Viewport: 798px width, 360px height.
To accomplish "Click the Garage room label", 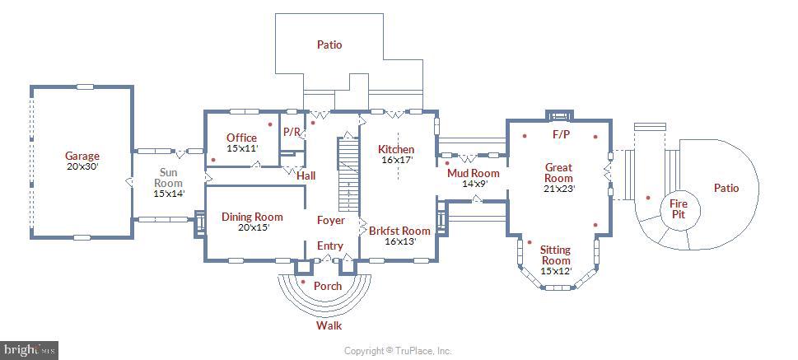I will click(82, 156).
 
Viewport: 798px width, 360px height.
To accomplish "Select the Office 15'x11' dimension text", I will click(242, 149).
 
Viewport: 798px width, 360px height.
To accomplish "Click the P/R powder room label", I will click(292, 132).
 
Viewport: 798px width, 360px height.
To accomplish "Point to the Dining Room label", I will click(252, 217).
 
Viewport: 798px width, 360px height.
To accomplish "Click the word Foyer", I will click(331, 221).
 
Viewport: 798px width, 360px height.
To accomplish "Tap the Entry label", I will click(330, 246).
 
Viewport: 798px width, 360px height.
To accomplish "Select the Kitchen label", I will click(396, 149).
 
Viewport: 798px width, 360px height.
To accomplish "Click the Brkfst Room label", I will click(399, 231).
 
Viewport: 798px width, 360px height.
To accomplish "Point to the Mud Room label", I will click(473, 173).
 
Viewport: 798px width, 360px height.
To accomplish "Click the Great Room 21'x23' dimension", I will click(558, 189).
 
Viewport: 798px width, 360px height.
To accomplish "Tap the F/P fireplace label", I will click(561, 133).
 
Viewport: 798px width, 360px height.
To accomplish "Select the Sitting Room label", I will click(555, 255).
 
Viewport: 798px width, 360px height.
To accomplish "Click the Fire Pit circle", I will click(678, 208).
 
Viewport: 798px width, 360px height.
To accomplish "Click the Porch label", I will click(328, 286).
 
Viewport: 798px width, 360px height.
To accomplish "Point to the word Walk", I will click(329, 325).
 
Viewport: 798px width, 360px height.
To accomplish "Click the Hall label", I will click(306, 175).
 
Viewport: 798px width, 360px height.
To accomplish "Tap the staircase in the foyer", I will click(349, 175).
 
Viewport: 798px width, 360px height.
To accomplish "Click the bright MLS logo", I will click(29, 350).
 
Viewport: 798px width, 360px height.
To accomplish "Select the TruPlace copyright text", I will click(398, 351).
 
